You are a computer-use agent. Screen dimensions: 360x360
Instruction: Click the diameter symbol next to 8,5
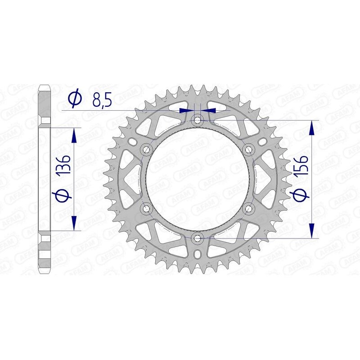[x=75, y=98]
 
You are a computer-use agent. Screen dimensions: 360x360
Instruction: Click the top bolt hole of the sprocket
[x=197, y=120]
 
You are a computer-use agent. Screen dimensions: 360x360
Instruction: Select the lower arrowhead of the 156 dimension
[x=311, y=230]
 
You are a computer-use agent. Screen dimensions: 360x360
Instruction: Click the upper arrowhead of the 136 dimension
[x=75, y=134]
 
